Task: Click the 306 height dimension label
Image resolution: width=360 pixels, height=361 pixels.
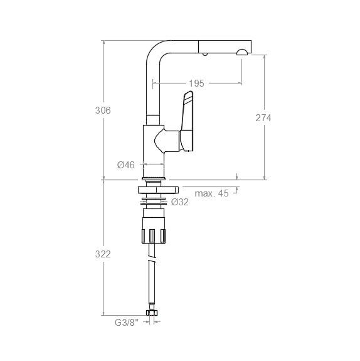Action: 103,110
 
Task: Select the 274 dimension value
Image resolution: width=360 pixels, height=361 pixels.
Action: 263,118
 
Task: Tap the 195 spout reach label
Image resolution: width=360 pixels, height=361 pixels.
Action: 196,84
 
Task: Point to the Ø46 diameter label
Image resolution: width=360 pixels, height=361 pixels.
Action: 126,165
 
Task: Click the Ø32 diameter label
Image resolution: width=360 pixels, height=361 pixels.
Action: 179,202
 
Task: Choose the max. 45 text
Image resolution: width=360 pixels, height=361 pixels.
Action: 211,193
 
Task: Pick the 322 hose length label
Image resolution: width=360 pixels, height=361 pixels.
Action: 103,254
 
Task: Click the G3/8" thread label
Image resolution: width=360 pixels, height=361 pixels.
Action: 127,323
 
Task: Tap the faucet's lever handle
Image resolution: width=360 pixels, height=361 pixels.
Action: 188,121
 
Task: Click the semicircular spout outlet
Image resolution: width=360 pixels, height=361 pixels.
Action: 242,53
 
